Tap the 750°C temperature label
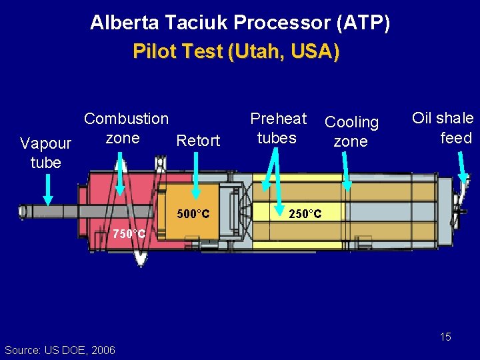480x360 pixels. pos(129,234)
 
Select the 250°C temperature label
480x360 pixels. pos(305,214)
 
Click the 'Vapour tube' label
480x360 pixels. pos(45,153)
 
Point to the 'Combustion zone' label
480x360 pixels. pos(125,128)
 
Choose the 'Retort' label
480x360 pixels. pos(197,141)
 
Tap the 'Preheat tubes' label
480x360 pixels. pos(277,128)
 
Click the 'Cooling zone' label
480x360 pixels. pos(351,131)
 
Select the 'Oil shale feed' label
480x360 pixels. pos(443,128)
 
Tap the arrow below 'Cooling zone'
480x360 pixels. pos(346,170)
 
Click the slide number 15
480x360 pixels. pos(445,337)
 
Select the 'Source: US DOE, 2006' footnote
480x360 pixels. pos(59,350)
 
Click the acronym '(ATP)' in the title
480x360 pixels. pos(363,23)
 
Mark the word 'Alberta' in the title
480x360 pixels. pos(125,23)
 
